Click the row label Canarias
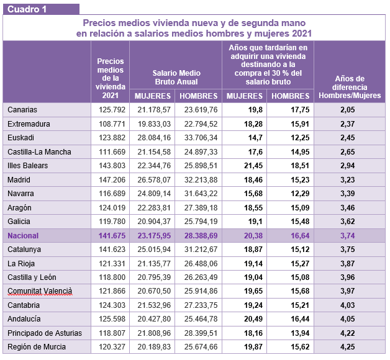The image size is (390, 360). (22, 110)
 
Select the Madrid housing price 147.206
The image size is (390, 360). (112, 179)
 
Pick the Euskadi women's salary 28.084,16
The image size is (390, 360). (153, 138)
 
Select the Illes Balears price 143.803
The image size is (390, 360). (112, 166)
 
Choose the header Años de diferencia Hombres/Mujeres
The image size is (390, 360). (349, 87)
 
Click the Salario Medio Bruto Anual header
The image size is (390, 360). (176, 78)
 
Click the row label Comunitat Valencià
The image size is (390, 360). (40, 291)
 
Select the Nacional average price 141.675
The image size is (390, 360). (112, 235)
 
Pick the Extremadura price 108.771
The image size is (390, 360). (112, 124)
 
